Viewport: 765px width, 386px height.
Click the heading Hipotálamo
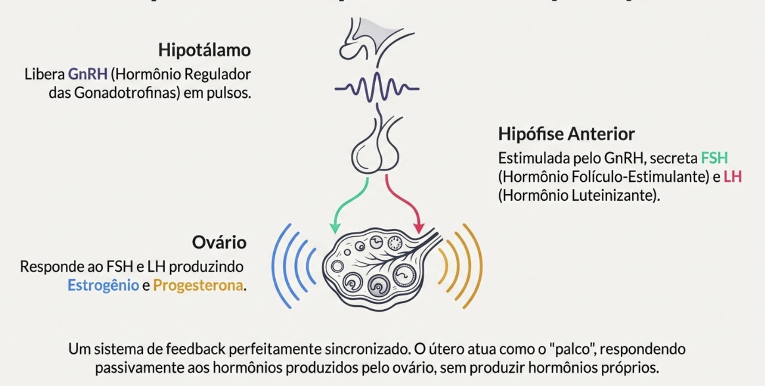tap(204, 50)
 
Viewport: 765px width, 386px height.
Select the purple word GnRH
tap(87, 74)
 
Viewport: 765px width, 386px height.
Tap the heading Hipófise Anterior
tap(566, 134)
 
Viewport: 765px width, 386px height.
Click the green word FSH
tap(714, 158)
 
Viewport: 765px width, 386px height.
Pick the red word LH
tap(732, 177)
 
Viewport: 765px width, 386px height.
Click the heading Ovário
tap(219, 242)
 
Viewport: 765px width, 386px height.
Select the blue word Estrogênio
tap(103, 285)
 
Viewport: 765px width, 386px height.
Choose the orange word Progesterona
tap(198, 285)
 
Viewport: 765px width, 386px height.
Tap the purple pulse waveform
tap(377, 88)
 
